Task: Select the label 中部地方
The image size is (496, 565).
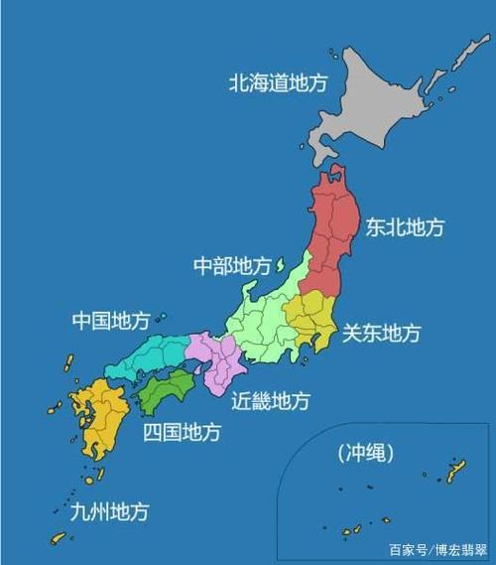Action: point(231,266)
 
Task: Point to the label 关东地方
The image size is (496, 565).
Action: point(382,332)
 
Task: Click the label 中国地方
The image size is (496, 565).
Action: point(111,321)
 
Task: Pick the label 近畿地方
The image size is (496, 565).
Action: point(271,401)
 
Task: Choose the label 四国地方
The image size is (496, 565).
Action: point(182,432)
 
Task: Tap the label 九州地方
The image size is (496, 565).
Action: point(109,512)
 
